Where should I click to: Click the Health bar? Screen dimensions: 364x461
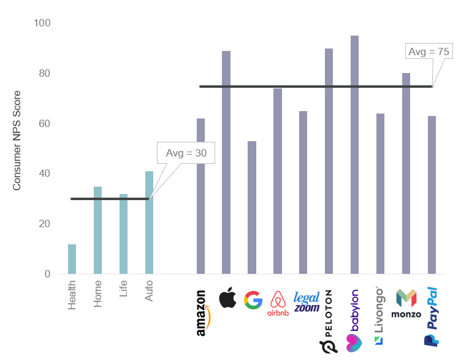click(x=72, y=259)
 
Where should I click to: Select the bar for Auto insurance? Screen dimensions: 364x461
click(x=149, y=222)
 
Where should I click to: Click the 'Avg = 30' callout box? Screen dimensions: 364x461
click(x=186, y=153)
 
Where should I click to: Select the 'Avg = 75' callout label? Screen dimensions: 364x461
click(x=429, y=52)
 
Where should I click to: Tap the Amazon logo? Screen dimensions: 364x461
click(x=202, y=313)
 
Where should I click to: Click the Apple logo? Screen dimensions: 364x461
click(x=227, y=298)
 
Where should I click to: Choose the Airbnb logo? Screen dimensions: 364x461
click(x=278, y=303)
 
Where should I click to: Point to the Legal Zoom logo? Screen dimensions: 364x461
click(x=307, y=301)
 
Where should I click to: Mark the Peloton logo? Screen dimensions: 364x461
click(x=329, y=322)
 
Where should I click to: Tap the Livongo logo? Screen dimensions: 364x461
click(x=379, y=316)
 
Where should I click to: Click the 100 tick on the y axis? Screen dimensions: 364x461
click(x=42, y=23)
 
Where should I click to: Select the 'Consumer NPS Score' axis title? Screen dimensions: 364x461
click(x=17, y=141)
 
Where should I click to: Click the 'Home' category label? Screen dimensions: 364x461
click(x=98, y=293)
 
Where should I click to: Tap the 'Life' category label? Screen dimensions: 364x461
click(x=124, y=289)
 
